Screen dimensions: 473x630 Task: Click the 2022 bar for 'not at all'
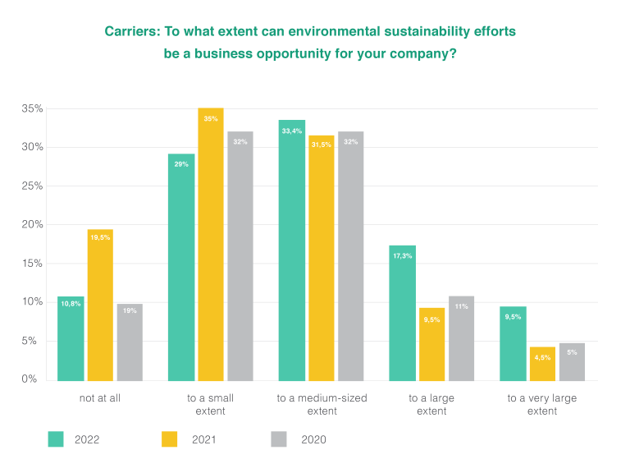pyautogui.click(x=71, y=338)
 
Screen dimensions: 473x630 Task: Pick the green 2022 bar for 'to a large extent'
pyautogui.click(x=403, y=313)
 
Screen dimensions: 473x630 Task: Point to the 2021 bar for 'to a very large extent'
pyautogui.click(x=542, y=364)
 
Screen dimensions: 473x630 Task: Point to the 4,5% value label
pyautogui.click(x=542, y=357)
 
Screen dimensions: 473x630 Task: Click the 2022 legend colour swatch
pyautogui.click(x=56, y=439)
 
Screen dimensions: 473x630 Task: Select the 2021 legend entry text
pyautogui.click(x=205, y=439)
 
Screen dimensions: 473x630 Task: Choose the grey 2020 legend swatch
pyautogui.click(x=279, y=439)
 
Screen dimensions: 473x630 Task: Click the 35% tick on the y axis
pyautogui.click(x=32, y=108)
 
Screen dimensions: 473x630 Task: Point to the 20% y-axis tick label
pyautogui.click(x=32, y=224)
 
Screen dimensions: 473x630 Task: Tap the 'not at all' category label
pyautogui.click(x=100, y=398)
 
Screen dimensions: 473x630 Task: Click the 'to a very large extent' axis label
pyautogui.click(x=542, y=404)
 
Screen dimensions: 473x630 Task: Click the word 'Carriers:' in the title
pyautogui.click(x=132, y=32)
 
